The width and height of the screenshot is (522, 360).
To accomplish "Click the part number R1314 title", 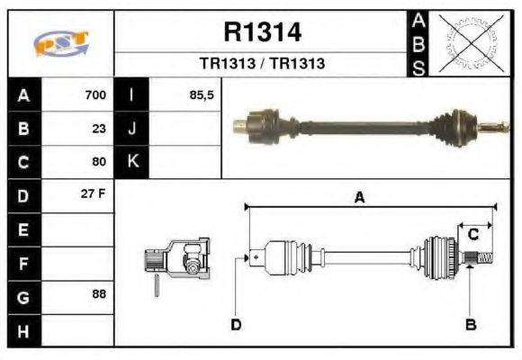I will click(262, 33).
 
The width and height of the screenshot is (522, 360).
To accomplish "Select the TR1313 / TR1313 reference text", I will click(262, 64).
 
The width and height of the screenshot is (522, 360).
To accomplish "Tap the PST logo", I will click(61, 43).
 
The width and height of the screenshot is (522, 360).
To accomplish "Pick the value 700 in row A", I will click(95, 94).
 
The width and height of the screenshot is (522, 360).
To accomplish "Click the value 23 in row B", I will click(99, 128).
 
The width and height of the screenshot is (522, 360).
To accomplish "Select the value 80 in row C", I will click(99, 161).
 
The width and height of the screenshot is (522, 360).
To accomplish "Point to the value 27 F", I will click(95, 194).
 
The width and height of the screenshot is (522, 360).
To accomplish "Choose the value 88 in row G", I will click(99, 294).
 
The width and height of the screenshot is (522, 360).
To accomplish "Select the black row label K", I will click(132, 161).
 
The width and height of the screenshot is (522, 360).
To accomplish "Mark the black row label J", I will click(132, 128).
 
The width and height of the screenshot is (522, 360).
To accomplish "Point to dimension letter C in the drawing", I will click(472, 235).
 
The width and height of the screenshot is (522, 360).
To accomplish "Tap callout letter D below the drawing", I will click(236, 324).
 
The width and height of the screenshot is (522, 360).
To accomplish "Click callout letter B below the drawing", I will click(470, 324).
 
